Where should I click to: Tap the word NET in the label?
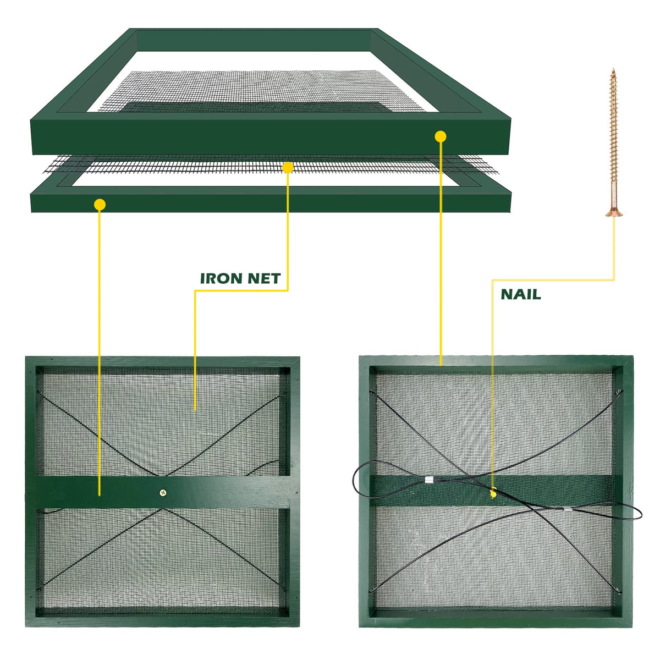(x=265, y=278)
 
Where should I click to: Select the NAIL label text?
(x=521, y=294)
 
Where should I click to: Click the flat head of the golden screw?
(x=614, y=213)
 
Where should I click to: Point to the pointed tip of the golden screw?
(x=613, y=69)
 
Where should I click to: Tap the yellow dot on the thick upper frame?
(x=441, y=136)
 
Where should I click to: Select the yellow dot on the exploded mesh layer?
(x=288, y=168)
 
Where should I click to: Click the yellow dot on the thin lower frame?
(x=100, y=205)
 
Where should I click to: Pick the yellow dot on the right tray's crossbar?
(x=493, y=494)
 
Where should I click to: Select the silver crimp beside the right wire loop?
(x=568, y=509)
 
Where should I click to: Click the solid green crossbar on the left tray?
(x=163, y=492)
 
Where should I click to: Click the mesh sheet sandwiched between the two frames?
(x=271, y=165)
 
